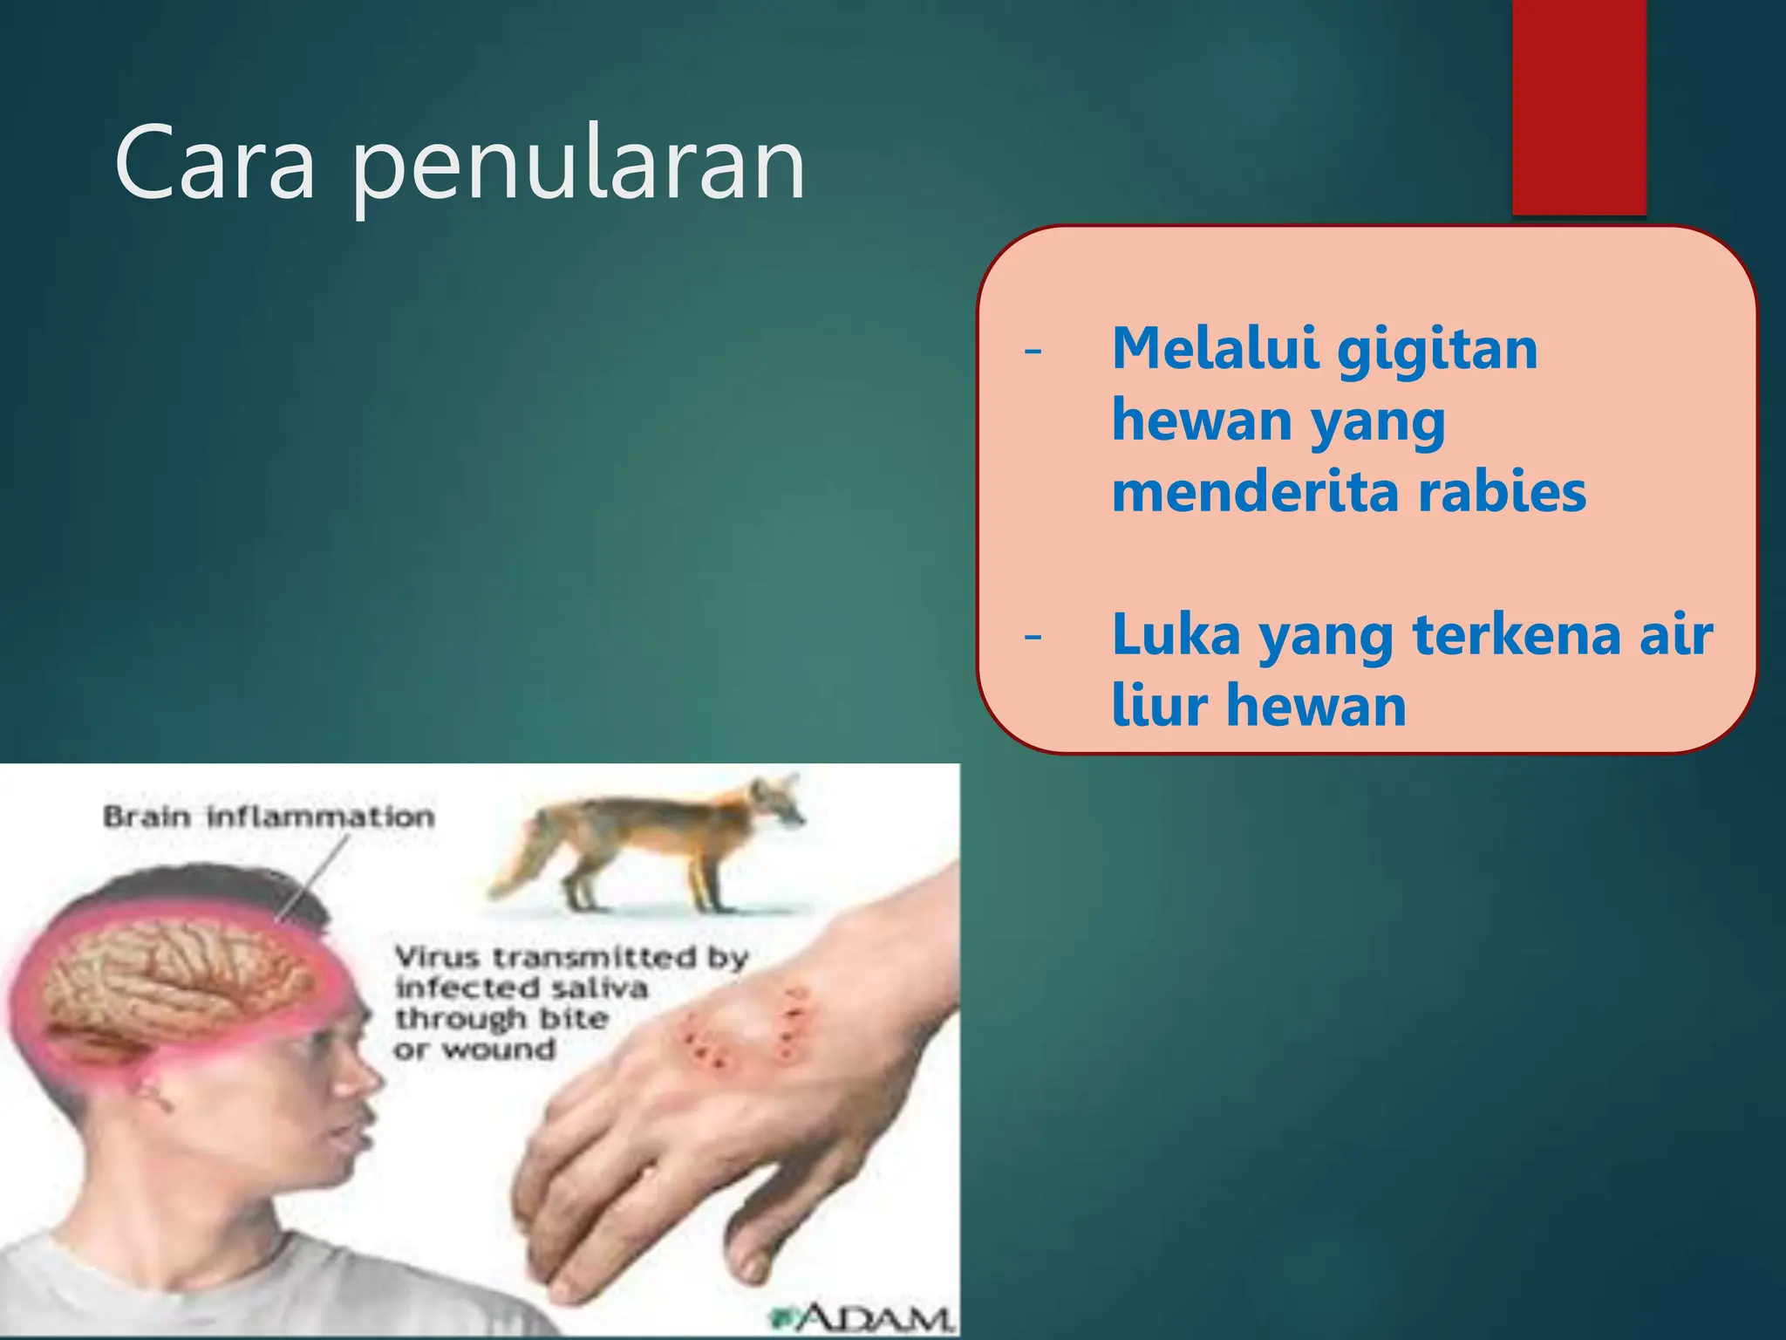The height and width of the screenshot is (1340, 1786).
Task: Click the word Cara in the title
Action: click(x=215, y=163)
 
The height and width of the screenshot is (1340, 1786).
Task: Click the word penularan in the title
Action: click(x=578, y=166)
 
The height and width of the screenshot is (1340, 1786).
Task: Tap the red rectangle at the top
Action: click(x=1578, y=105)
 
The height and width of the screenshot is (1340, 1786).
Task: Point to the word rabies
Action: click(x=1502, y=492)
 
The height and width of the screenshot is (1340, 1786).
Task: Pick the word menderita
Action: click(x=1257, y=492)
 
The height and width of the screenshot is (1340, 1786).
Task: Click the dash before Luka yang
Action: click(x=1033, y=637)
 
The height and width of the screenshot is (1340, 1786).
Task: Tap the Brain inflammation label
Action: click(x=269, y=817)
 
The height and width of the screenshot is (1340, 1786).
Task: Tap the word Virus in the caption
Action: click(x=437, y=957)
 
